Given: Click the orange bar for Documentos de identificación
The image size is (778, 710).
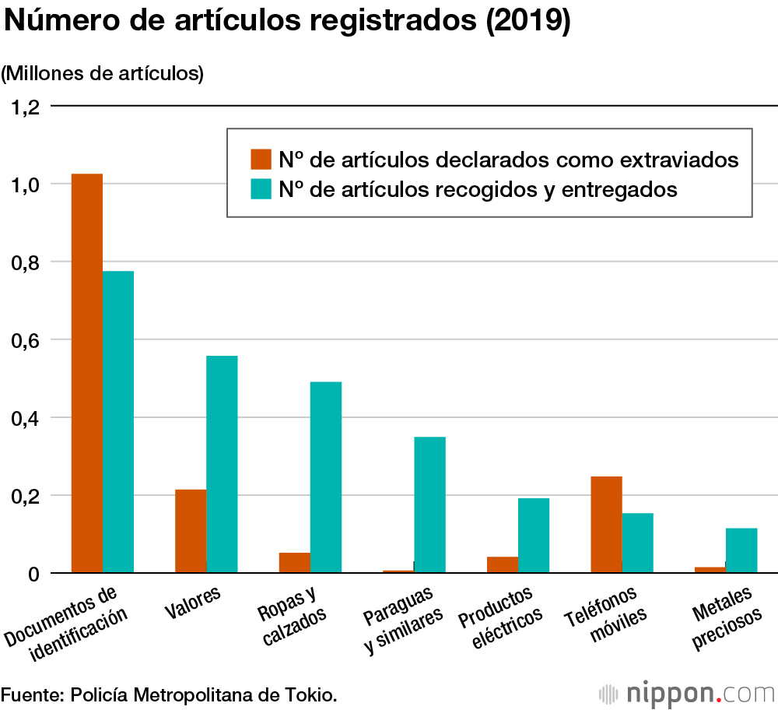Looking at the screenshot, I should (87, 374).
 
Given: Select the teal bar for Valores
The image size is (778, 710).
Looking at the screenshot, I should (222, 464).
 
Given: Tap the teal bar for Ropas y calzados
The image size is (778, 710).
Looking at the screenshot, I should (326, 477).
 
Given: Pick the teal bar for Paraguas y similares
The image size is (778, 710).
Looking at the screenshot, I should (429, 504).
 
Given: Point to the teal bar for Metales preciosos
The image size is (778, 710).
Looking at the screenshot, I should (741, 550).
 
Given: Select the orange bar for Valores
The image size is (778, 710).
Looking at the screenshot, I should (191, 531).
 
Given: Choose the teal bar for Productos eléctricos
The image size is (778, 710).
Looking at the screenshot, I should (534, 536).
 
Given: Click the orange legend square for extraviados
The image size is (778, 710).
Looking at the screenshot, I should (261, 159).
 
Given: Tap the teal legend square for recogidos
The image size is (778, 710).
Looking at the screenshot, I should (261, 188).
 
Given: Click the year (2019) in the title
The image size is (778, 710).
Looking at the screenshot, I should (527, 22).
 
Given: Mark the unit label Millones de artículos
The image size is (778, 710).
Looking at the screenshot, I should (102, 74).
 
